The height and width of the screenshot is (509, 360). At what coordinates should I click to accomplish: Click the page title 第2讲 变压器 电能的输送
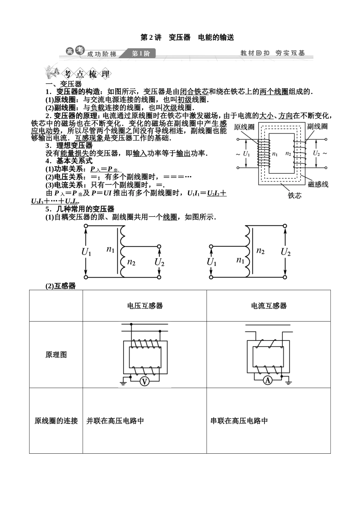187,37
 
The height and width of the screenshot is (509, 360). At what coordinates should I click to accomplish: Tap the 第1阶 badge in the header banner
141,54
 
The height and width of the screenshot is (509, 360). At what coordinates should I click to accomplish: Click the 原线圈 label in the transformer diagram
244,127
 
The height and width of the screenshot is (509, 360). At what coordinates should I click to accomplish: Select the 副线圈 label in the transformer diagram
318,126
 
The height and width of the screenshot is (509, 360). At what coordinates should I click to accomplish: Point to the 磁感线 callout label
318,184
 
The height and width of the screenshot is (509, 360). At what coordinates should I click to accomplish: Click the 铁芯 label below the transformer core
295,195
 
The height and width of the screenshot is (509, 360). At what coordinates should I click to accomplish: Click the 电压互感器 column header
145,306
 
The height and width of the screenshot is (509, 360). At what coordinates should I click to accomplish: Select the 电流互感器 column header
269,306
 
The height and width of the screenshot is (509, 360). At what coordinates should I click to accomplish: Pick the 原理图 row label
56,355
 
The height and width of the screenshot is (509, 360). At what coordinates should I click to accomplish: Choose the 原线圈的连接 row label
56,421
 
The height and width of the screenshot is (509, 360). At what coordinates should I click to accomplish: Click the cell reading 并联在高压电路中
115,421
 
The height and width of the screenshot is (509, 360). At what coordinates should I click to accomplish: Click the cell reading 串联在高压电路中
239,421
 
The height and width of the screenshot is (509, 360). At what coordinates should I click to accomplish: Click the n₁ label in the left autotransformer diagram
111,249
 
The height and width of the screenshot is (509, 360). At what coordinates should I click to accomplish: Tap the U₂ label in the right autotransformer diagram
286,252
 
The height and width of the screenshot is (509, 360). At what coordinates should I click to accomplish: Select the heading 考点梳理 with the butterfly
77,73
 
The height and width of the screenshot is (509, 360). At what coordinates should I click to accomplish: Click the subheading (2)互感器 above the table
61,286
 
